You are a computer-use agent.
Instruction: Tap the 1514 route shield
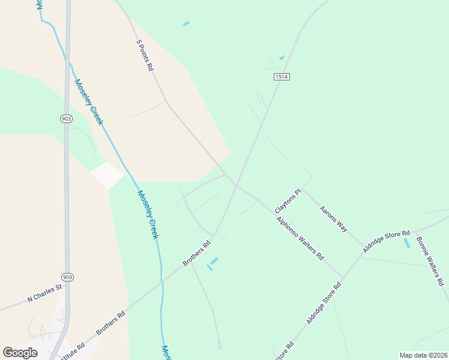click(x=282, y=77)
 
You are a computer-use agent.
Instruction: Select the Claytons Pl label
click(x=287, y=202)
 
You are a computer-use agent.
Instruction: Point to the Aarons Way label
click(x=333, y=219)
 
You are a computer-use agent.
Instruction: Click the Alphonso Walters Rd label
click(x=300, y=238)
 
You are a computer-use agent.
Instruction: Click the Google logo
click(x=20, y=353)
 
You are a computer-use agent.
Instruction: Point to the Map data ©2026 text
click(x=423, y=355)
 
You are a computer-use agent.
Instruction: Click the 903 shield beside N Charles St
click(x=67, y=277)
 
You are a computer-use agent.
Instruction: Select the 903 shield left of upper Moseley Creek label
click(x=66, y=119)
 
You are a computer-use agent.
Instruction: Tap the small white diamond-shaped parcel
click(x=107, y=175)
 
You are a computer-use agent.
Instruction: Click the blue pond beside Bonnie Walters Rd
click(x=407, y=243)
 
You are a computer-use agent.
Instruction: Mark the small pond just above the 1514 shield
click(x=282, y=58)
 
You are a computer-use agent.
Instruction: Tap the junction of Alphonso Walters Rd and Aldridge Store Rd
click(x=343, y=278)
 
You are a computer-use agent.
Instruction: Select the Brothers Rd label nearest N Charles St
click(x=111, y=322)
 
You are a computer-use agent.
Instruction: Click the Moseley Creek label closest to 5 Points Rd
click(x=88, y=101)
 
